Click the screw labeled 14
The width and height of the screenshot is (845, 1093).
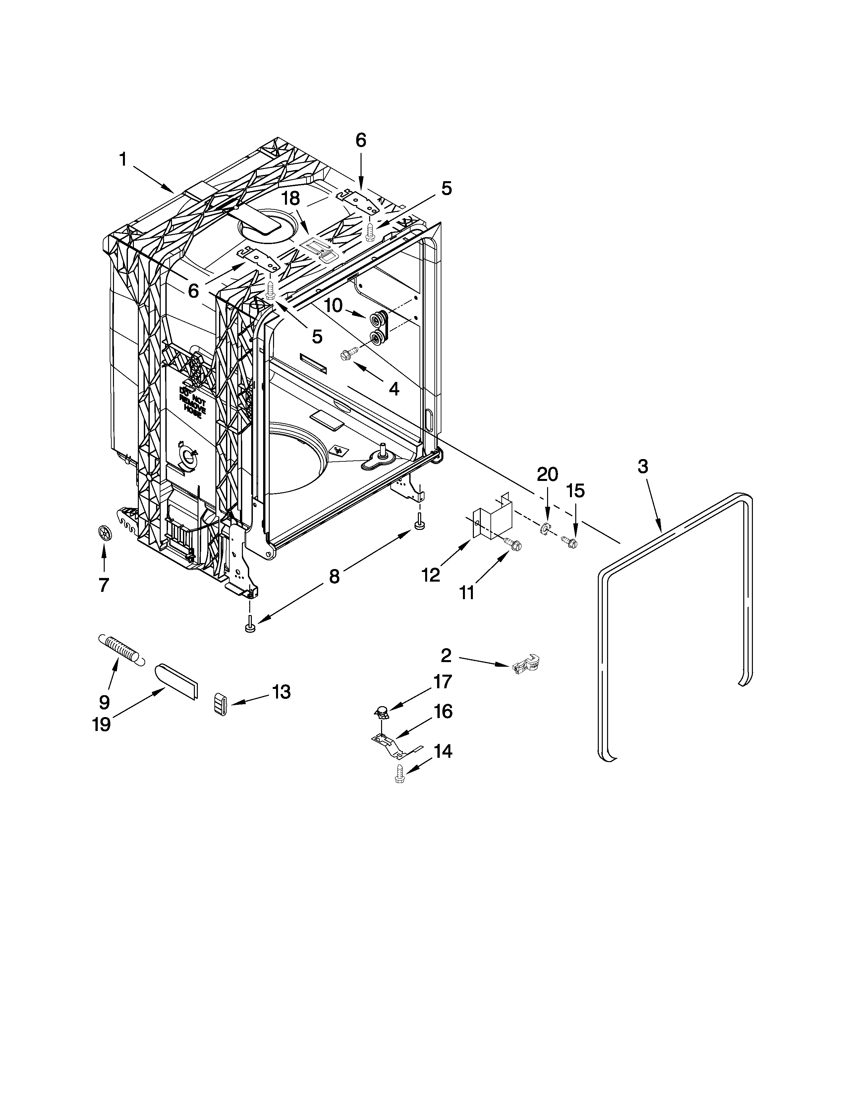[400, 774]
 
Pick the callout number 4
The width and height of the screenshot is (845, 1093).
[394, 389]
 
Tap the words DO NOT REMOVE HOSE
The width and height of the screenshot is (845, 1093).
[193, 402]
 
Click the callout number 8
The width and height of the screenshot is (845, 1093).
[334, 577]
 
